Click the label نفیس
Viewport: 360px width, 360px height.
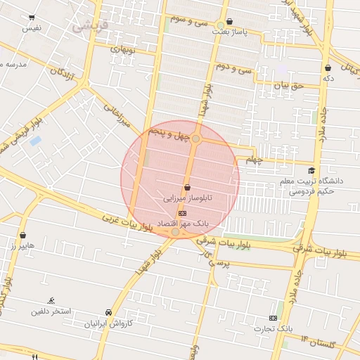click(x=32, y=28)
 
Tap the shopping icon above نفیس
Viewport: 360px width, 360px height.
click(x=32, y=17)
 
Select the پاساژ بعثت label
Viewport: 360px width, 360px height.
click(x=232, y=32)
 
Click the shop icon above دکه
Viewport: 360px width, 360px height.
click(x=328, y=67)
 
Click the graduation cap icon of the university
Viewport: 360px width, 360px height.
click(x=311, y=170)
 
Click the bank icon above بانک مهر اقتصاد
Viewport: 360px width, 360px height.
click(x=183, y=212)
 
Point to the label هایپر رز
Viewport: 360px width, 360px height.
click(x=23, y=247)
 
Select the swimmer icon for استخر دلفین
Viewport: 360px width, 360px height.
click(x=49, y=300)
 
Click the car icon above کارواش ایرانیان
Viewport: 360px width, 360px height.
click(x=108, y=312)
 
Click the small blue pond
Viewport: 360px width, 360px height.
click(x=36, y=141)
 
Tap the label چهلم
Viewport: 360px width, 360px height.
click(x=253, y=160)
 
